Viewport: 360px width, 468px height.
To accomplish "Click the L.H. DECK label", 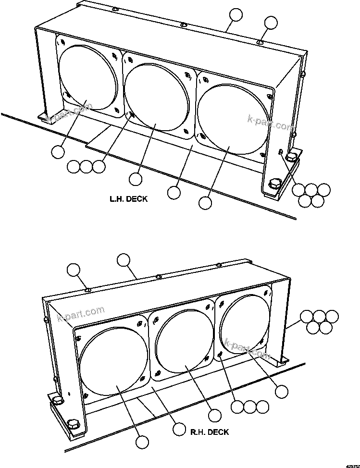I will [128, 199].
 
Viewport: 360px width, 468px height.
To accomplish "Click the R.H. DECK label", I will [209, 432].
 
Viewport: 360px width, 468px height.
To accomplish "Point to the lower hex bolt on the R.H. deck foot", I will [74, 424].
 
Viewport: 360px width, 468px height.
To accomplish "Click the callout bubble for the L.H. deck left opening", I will [58, 152].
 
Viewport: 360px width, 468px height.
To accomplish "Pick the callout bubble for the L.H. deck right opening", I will [205, 203].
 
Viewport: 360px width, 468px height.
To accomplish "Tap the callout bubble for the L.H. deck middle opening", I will [136, 179].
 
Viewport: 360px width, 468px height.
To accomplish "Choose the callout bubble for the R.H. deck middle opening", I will [214, 414].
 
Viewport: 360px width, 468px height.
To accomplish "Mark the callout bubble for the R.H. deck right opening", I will [281, 391].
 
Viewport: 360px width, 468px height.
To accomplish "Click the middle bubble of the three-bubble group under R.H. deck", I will [249, 406].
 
